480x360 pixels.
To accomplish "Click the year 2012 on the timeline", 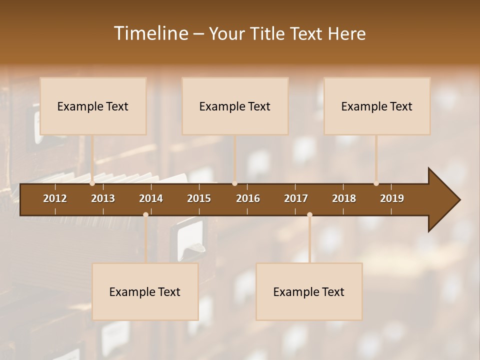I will click(55, 198).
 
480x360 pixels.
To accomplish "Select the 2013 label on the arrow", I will click(103, 198).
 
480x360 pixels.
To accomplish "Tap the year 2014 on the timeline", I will click(151, 198).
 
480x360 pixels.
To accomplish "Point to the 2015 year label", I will click(199, 198).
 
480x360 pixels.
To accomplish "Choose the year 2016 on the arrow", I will click(248, 198).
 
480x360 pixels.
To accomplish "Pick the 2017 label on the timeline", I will click(296, 198).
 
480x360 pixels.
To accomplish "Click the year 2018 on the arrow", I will click(344, 198).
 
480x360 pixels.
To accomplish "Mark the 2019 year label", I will click(392, 198).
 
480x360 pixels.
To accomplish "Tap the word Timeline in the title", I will click(150, 33).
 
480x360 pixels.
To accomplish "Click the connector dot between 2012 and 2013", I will click(92, 183).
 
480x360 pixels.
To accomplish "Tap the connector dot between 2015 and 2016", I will click(234, 183).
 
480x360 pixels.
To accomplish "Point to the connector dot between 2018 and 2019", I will click(376, 183).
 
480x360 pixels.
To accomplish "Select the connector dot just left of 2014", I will click(145, 215).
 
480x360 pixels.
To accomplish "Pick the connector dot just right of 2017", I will click(309, 215).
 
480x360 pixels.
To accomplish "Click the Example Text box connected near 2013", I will click(93, 106).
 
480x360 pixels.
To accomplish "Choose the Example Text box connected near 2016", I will click(235, 106).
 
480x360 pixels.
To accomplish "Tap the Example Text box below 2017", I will click(309, 291).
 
